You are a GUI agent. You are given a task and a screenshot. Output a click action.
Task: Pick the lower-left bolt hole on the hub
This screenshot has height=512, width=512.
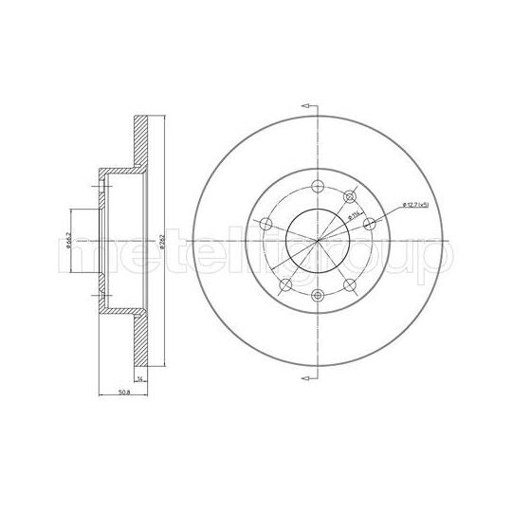(x=283, y=287)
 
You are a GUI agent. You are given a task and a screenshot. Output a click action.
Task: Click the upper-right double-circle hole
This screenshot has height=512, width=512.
(x=351, y=196)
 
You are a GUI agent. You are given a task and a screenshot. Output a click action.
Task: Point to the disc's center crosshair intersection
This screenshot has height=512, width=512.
(x=318, y=242)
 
